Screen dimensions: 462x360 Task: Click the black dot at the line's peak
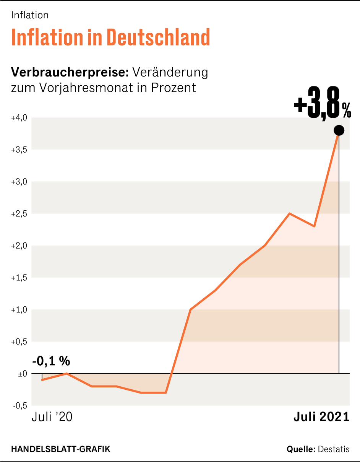click(x=339, y=130)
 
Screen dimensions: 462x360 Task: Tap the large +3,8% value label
click(x=322, y=106)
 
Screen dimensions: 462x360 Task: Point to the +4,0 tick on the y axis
click(x=19, y=118)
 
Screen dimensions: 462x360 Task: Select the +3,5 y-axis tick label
click(x=19, y=150)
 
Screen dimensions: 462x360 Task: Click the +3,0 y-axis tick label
click(x=19, y=182)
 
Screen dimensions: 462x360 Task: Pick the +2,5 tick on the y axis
click(x=19, y=214)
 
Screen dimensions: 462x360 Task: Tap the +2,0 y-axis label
click(x=19, y=246)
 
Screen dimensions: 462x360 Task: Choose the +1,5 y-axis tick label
click(x=19, y=278)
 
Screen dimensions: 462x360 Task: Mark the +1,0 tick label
click(x=19, y=310)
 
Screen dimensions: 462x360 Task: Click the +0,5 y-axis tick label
click(x=19, y=342)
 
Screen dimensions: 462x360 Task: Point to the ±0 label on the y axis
click(x=22, y=374)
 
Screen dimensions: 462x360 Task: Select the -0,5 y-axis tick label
click(x=20, y=406)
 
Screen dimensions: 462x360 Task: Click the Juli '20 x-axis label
click(x=52, y=417)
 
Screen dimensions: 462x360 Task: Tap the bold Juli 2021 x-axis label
click(x=321, y=417)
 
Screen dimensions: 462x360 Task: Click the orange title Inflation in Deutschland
click(x=111, y=37)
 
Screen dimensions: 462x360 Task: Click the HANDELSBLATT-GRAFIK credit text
click(x=61, y=449)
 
